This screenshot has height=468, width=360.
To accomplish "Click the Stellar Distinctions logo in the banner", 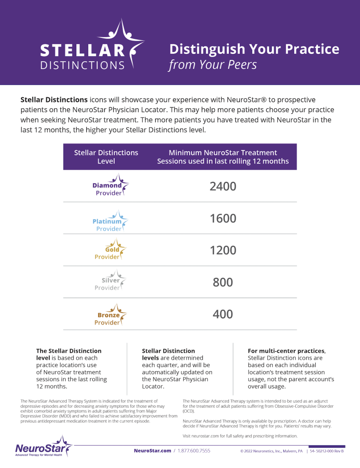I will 91,47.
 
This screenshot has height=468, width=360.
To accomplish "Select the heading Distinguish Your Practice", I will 254,49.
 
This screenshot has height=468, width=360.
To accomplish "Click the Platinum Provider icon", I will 110,221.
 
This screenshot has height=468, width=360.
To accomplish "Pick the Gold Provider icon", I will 110,250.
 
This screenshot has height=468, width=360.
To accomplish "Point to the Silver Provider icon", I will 110,281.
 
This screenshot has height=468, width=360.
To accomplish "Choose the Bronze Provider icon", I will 110,315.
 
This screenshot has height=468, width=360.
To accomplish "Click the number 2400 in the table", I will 223,186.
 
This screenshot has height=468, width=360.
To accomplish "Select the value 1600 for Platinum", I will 223,218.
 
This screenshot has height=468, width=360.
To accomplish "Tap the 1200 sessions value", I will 223,250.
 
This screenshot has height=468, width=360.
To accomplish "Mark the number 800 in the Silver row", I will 223,282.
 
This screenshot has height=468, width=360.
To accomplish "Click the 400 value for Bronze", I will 223,314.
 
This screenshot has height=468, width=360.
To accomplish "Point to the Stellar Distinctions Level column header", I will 106,157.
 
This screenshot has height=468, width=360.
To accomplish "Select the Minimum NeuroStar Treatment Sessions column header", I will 223,157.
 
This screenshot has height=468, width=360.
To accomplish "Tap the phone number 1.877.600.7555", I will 194,451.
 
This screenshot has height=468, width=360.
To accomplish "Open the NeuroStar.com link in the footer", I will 152,451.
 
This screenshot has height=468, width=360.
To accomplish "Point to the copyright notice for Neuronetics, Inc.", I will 271,451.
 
